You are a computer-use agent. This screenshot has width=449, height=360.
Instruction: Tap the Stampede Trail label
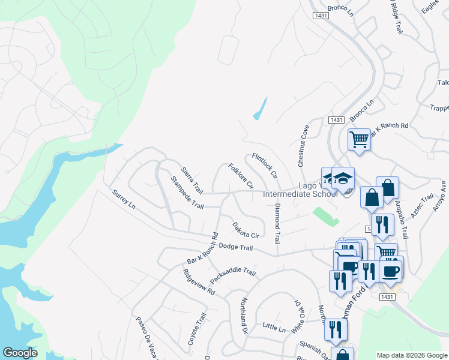tap(187, 192)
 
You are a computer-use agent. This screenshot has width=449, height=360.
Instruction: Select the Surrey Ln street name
tap(124, 199)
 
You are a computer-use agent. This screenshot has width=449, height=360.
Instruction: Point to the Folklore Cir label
tap(241, 176)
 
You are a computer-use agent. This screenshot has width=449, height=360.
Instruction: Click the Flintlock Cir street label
tap(265, 166)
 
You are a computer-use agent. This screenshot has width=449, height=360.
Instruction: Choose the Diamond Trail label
tap(277, 223)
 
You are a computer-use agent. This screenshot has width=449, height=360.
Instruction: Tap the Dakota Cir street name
tap(246, 230)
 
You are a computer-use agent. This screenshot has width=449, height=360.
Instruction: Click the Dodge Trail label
tap(236, 247)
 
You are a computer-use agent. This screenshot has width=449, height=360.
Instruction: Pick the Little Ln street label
tap(274, 328)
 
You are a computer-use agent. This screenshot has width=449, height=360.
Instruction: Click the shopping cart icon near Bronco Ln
tap(359, 139)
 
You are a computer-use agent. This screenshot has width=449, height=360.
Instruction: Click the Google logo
tap(20, 353)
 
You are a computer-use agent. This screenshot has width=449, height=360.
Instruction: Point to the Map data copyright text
tap(411, 355)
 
